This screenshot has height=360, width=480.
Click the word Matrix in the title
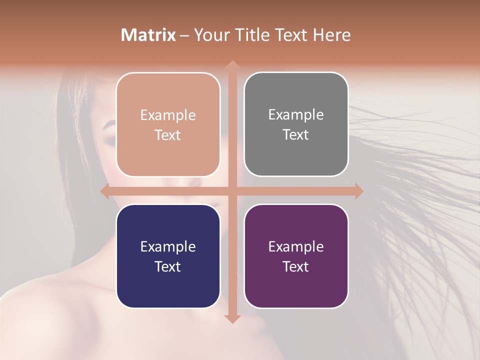click(148, 35)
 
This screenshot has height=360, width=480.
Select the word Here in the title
click(331, 35)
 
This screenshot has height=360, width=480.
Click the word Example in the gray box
click(296, 115)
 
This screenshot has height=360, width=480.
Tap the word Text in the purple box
click(296, 266)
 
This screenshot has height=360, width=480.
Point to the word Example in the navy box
click(168, 247)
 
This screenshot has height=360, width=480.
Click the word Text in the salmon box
click(168, 135)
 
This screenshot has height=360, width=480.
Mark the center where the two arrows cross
click(232, 191)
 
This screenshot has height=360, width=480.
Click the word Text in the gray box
click(296, 135)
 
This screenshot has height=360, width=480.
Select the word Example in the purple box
click(296, 247)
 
